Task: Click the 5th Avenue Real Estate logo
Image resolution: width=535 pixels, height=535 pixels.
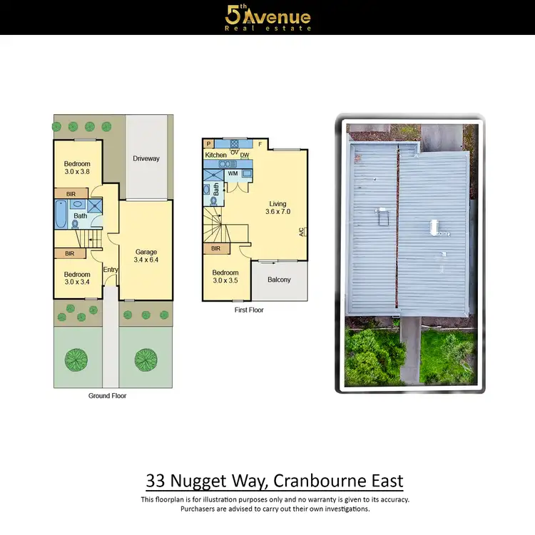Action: (267, 17)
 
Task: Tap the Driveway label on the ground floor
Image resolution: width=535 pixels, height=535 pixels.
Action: (146, 158)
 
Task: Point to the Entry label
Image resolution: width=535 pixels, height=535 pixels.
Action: (110, 269)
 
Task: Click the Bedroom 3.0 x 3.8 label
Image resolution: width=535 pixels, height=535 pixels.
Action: (77, 168)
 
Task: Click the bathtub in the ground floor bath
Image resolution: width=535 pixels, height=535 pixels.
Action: (61, 213)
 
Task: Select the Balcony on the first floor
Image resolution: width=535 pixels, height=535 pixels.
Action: (279, 280)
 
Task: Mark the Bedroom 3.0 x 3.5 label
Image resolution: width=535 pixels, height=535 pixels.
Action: (225, 276)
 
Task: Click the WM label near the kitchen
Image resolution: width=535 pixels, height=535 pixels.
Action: (233, 173)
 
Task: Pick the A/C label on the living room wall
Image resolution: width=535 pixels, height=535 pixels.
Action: (302, 232)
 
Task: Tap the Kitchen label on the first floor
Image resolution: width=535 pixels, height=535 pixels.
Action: (215, 155)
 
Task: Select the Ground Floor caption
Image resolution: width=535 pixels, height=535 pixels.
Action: (108, 396)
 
